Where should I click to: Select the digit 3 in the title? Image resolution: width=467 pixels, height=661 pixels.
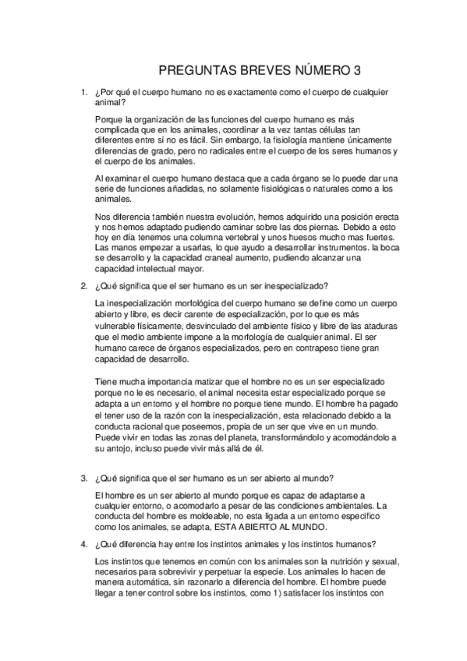(358, 70)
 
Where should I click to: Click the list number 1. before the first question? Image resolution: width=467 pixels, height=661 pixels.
(84, 92)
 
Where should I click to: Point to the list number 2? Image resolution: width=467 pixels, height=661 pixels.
(84, 285)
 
